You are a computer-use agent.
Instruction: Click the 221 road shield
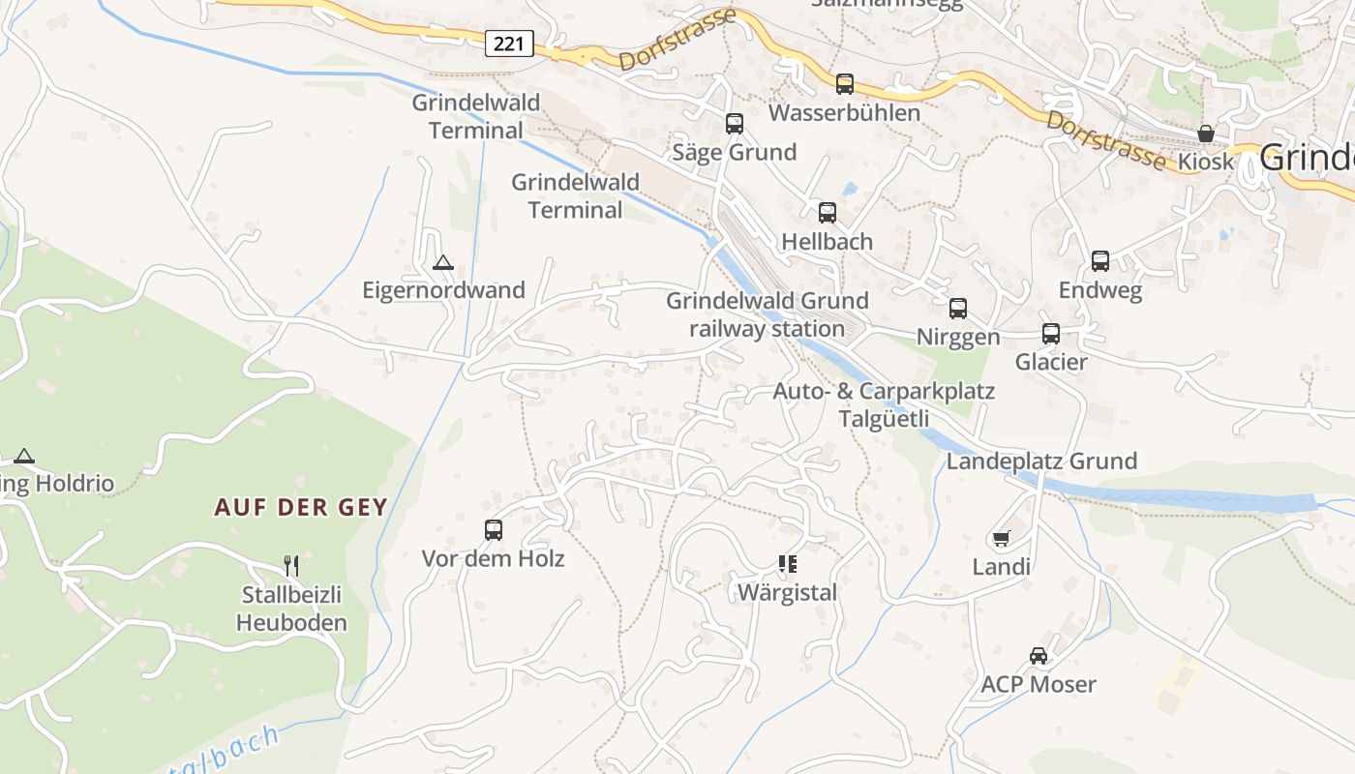[x=509, y=43]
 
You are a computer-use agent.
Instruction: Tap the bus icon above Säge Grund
[x=735, y=124]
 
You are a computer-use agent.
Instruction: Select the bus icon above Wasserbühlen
[x=845, y=84]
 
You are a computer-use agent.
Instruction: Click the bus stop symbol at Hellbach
[x=828, y=213]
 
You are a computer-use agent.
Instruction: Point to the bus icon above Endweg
[x=1100, y=261]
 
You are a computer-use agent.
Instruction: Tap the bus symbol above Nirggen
[x=958, y=309]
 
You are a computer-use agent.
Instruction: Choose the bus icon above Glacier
[x=1051, y=334]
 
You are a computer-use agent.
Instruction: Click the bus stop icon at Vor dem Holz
[x=494, y=530]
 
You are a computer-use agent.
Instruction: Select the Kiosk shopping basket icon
[x=1206, y=134]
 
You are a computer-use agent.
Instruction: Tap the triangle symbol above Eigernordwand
[x=443, y=262]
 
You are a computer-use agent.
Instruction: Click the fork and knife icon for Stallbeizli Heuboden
[x=291, y=565]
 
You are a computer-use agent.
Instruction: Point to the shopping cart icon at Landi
[x=1002, y=538]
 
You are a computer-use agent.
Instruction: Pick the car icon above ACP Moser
[x=1039, y=656]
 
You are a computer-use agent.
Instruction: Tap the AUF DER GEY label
[x=301, y=507]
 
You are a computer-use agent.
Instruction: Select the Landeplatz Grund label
[x=1041, y=461]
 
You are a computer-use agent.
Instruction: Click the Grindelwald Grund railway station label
[x=768, y=314]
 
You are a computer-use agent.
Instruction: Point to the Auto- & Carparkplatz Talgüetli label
[x=884, y=405]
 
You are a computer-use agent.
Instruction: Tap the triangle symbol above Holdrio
[x=24, y=457]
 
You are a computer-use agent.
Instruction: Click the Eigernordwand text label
[x=443, y=290]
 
